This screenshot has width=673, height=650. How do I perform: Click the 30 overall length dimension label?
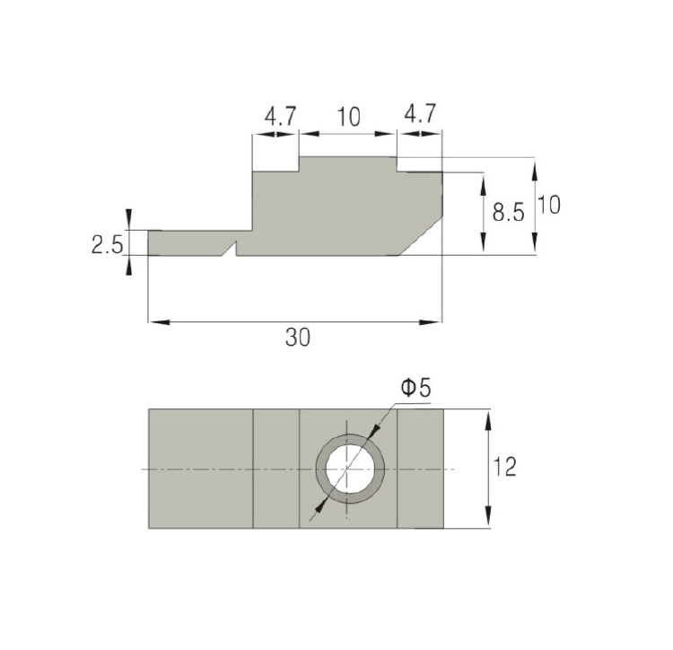tap(297, 337)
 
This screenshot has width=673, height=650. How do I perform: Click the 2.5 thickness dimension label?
tap(108, 245)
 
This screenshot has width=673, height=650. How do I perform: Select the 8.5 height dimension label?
tap(508, 212)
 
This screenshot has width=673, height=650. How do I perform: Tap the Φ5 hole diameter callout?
tap(415, 388)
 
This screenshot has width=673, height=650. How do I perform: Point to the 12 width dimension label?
tap(504, 467)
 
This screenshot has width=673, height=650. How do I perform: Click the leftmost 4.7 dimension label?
tap(280, 116)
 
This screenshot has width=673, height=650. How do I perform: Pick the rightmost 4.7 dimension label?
tap(420, 113)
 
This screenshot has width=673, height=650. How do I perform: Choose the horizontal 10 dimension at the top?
tap(348, 118)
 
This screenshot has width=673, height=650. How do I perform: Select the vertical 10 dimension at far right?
tap(549, 205)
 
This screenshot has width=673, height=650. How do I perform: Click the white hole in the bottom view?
tap(350, 469)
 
